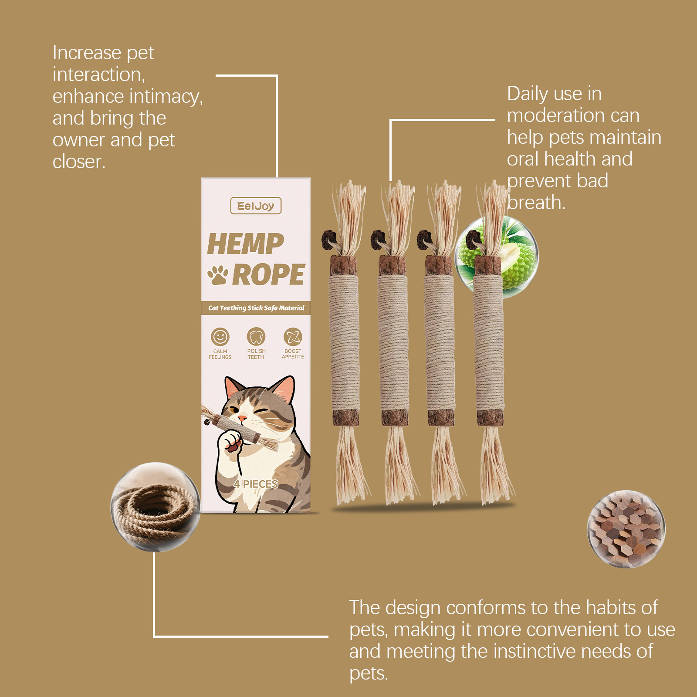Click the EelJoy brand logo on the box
point(256,206)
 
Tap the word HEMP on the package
point(245,244)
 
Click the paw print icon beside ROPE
point(217,275)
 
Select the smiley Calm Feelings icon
point(220,337)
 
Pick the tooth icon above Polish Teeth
point(256,337)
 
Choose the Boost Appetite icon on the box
point(293,337)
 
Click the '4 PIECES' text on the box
point(256,484)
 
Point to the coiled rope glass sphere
point(155,507)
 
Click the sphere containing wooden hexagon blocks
point(626,529)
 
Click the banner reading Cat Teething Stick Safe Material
point(256,308)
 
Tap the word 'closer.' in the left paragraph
point(79,162)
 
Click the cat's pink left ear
point(234,386)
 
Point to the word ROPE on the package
point(268,275)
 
